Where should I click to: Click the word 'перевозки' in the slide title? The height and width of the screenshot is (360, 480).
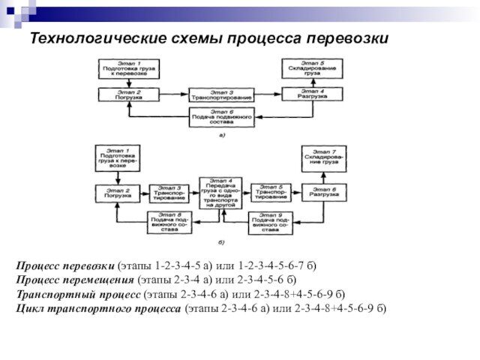coord(350,38)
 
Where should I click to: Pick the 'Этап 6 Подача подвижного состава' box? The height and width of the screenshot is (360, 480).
coord(221,117)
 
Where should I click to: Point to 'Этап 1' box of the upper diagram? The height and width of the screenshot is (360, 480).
coord(128,68)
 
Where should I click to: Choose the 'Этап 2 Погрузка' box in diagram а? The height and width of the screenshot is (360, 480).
coord(128,94)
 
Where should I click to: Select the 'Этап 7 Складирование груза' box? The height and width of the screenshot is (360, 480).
coord(324,157)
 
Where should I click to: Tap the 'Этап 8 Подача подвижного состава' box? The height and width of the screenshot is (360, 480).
coord(169,223)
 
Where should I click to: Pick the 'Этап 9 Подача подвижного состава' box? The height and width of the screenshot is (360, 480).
coord(270,223)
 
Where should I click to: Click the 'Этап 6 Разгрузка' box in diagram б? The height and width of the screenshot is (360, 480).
coord(324,193)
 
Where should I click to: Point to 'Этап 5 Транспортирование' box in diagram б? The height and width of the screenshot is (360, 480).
coord(270,193)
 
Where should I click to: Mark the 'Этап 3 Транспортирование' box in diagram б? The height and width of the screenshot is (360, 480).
coord(169,193)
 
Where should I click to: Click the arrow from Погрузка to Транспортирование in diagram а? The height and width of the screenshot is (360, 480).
coord(172,94)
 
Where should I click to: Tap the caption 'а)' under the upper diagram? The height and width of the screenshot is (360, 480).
coord(222,136)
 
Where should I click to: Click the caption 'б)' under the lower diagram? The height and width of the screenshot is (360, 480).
coord(222,244)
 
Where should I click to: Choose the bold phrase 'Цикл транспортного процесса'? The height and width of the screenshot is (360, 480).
coord(98,308)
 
